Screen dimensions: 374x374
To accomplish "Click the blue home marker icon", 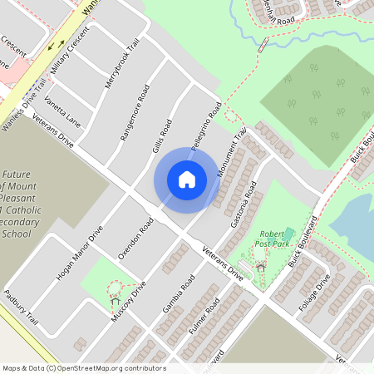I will click(187, 179).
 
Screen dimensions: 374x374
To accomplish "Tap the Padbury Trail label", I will click(21, 308).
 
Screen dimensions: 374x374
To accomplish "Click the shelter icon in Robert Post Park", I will click(261, 267).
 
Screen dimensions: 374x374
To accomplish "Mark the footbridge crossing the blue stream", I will click(262, 43).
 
